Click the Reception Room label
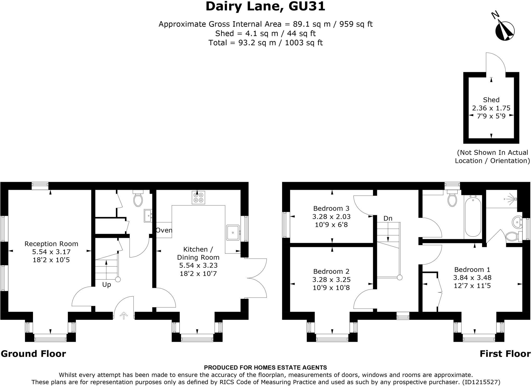(x=51, y=244)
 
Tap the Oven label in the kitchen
(x=164, y=230)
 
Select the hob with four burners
(x=198, y=197)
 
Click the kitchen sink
(x=233, y=232)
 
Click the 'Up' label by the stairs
(x=107, y=284)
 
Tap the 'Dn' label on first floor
(x=388, y=218)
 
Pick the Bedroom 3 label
(x=331, y=208)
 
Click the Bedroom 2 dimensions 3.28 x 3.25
(x=331, y=279)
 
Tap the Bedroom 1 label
(x=472, y=269)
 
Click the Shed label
(x=491, y=100)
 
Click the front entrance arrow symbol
(x=124, y=315)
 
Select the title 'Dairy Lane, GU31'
(x=265, y=6)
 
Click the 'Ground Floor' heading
(x=34, y=354)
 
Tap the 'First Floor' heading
(x=505, y=354)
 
